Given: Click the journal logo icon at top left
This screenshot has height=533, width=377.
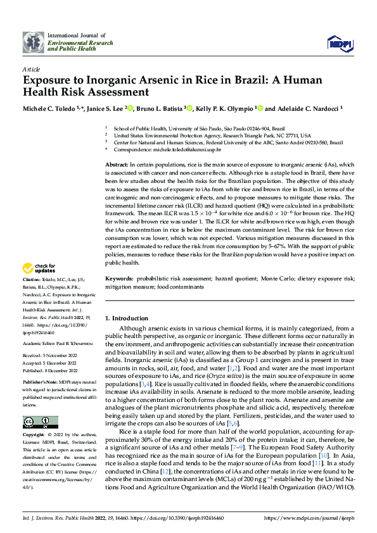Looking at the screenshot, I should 34,42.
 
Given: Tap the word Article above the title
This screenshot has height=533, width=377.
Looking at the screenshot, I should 31,68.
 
